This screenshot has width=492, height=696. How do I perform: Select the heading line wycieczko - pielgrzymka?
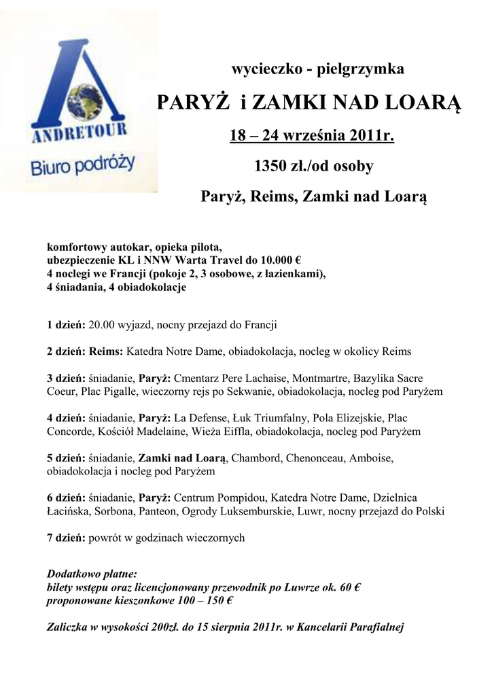point(318,69)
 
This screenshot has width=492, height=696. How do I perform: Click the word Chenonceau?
point(319,457)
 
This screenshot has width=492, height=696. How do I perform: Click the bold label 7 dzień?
point(66,538)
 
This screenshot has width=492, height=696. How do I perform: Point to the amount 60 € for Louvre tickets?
point(346,588)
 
